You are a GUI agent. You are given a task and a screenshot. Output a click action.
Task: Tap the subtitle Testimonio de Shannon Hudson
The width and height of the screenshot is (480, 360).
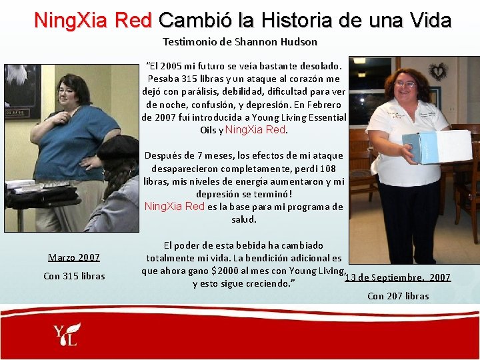(x=240, y=42)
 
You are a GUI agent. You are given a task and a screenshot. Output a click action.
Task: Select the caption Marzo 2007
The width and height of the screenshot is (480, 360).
(x=74, y=257)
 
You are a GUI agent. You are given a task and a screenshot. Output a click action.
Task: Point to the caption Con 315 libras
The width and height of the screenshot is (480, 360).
(x=74, y=276)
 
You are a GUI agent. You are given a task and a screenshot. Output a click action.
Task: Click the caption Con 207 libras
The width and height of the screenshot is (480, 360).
(x=398, y=296)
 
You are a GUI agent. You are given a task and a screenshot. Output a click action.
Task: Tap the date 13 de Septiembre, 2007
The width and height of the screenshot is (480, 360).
(x=398, y=277)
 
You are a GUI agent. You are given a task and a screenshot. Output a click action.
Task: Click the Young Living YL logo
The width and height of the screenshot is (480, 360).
(x=67, y=334)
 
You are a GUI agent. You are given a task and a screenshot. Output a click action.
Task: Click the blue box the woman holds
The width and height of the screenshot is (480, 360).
(x=436, y=147)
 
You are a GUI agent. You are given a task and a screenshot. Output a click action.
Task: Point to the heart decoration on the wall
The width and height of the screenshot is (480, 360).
(x=437, y=71)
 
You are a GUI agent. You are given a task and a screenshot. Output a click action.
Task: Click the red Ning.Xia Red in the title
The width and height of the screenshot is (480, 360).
(x=93, y=20)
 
